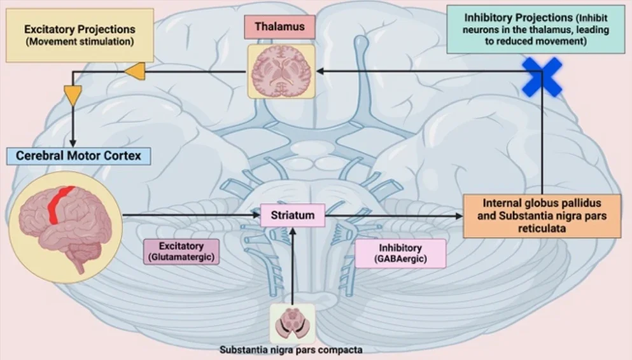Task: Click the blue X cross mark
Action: pyautogui.click(x=542, y=77)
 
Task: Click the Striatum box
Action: pyautogui.click(x=293, y=215)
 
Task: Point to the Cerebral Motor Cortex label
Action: pyautogui.click(x=79, y=155)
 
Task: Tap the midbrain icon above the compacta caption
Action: pyautogui.click(x=292, y=322)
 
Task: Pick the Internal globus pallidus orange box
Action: pyautogui.click(x=542, y=216)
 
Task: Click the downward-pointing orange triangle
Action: pyautogui.click(x=74, y=97)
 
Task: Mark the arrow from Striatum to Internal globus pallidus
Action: pyautogui.click(x=395, y=216)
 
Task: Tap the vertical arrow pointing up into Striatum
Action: pyautogui.click(x=292, y=267)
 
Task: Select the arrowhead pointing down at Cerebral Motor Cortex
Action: pyautogui.click(x=74, y=142)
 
